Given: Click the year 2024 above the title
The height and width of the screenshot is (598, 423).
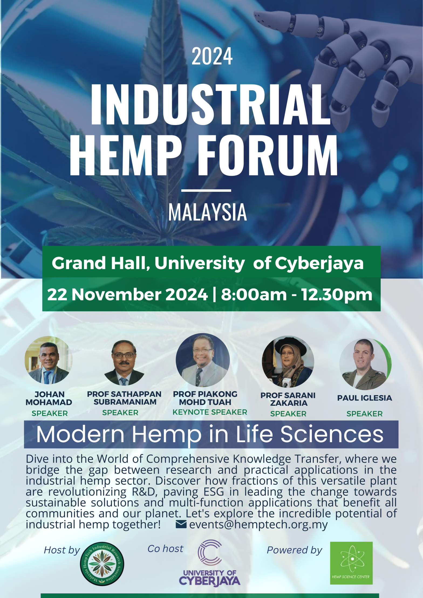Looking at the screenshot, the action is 212,56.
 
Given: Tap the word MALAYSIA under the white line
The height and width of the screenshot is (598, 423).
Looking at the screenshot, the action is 207,212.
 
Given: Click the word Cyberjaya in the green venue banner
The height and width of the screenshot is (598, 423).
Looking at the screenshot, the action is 319,263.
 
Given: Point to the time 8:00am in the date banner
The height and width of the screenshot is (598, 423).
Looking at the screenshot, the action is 254,294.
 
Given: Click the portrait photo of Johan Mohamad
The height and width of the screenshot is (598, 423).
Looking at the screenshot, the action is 49,360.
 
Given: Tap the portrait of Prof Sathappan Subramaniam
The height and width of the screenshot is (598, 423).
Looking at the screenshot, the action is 124,363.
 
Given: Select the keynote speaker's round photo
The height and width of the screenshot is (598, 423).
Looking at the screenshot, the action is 203,360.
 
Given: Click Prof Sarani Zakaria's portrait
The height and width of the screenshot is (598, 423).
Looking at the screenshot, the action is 288,362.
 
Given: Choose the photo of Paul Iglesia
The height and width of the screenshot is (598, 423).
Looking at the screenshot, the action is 365,364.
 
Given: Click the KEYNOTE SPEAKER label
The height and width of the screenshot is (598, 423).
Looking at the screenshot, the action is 210,412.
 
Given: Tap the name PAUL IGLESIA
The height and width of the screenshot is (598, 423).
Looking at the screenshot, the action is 364,398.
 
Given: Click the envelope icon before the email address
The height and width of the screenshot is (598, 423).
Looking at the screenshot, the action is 181,524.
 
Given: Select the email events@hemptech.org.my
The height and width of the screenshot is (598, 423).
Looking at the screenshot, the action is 258,525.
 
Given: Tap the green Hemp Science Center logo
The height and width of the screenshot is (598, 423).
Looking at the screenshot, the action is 351,563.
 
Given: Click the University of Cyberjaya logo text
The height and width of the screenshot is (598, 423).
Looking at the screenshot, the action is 210,578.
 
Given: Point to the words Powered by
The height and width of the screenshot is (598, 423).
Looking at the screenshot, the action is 294,550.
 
